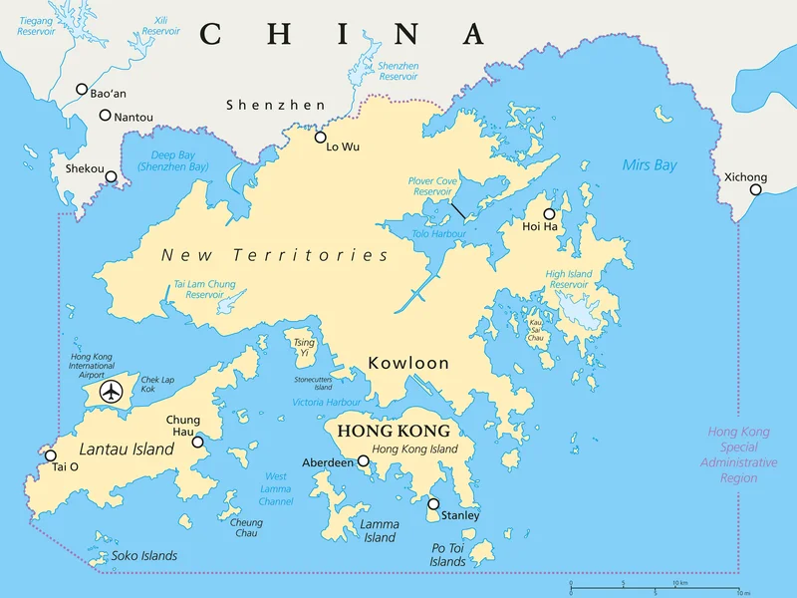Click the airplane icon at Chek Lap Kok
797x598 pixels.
[112, 393]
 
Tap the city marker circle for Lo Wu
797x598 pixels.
[321, 138]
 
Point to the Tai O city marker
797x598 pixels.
[51, 456]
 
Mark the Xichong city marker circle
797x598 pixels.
[756, 189]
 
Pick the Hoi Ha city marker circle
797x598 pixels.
[549, 213]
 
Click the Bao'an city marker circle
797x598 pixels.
[82, 89]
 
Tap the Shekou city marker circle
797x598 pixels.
[112, 177]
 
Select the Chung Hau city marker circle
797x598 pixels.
[197, 442]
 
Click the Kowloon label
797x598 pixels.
[408, 363]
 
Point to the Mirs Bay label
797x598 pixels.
[649, 164]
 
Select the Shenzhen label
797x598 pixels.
[275, 105]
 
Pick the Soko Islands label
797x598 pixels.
[144, 555]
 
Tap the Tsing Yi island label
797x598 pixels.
[304, 348]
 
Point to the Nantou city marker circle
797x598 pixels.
[105, 116]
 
